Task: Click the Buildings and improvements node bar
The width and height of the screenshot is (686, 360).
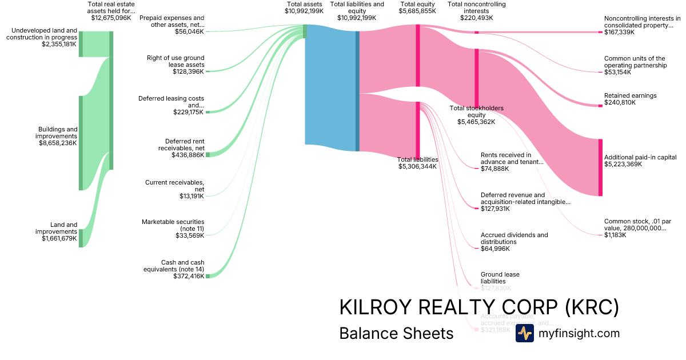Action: (x=81, y=143)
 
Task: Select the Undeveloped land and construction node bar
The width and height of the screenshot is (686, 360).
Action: (x=81, y=44)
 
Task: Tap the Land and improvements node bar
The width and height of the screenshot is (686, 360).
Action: (x=81, y=238)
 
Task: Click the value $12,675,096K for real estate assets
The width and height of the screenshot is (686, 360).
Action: (x=111, y=18)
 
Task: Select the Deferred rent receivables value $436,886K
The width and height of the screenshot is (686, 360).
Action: (x=188, y=155)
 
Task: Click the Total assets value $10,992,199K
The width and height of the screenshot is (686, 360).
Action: (x=304, y=11)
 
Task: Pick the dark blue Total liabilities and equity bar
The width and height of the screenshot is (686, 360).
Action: (x=357, y=91)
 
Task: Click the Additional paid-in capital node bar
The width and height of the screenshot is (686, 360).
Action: (x=600, y=167)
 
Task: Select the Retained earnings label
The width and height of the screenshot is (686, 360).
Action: (x=630, y=95)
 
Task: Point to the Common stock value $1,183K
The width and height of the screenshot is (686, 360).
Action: (x=615, y=235)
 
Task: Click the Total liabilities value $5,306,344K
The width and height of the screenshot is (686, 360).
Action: (x=417, y=167)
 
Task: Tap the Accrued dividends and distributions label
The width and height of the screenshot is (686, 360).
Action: (x=514, y=238)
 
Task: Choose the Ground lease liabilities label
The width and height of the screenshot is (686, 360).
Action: (x=500, y=278)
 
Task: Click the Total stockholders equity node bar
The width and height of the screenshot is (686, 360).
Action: (x=477, y=78)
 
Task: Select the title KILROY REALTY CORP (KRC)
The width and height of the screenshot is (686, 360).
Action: (x=479, y=307)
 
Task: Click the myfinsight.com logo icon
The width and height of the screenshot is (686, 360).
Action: (x=524, y=334)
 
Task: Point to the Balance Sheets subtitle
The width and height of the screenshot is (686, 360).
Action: (x=396, y=333)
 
